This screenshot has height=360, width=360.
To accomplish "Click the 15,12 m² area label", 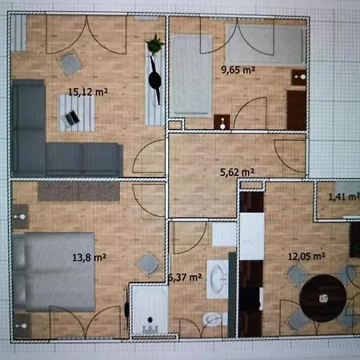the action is (88, 92).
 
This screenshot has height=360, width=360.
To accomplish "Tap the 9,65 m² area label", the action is (238, 70).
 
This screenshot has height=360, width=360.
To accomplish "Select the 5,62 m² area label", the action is (237, 172).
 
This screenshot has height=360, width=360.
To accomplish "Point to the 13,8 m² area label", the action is (90, 258).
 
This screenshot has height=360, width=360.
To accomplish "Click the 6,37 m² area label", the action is (185, 278).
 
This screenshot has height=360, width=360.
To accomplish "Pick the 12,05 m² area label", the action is (306, 257).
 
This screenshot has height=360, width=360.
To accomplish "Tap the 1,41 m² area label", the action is (344, 197).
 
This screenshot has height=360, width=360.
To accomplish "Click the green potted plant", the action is (154, 44).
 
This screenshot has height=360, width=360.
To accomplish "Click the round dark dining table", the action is (323, 298).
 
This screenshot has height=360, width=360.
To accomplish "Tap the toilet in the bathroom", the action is (214, 319).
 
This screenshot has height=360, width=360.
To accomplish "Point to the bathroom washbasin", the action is (218, 279).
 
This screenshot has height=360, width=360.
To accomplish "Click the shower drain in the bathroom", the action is (150, 319).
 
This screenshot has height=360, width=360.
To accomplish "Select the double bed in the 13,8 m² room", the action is (54, 271).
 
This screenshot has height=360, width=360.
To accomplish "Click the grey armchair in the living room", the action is (70, 63).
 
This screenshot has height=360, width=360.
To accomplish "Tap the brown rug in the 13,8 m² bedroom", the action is (78, 191).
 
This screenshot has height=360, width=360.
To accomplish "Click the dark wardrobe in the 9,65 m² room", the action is (296, 110).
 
